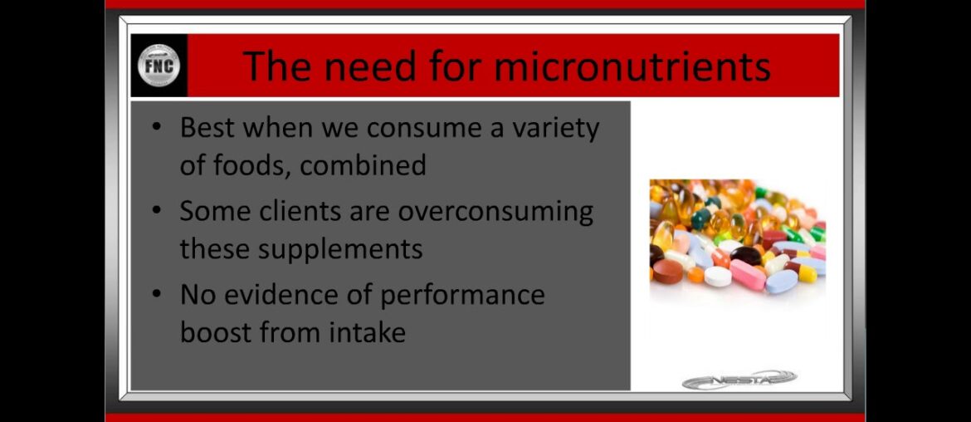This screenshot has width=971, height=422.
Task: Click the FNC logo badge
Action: click(x=159, y=66)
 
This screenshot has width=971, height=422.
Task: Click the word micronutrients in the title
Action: click(x=632, y=66)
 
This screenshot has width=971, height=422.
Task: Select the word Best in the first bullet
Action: click(x=207, y=128)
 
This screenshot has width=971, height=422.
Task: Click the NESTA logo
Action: click(x=739, y=380)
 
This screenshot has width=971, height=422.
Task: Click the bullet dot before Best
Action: click(x=158, y=129)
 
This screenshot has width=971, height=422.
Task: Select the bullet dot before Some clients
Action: click(x=158, y=212)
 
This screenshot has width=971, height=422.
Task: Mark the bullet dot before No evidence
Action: click(x=158, y=295)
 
